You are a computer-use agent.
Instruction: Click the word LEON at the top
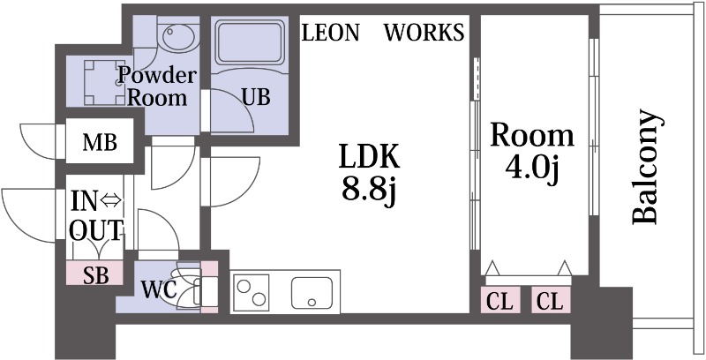coord(331,34)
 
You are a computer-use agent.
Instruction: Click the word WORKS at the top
coord(424,34)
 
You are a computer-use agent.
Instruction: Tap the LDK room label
coord(370,158)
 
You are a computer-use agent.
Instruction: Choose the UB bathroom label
coord(255,96)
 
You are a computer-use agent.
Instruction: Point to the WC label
coord(158,289)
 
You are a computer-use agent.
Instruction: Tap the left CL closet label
coord(499,301)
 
